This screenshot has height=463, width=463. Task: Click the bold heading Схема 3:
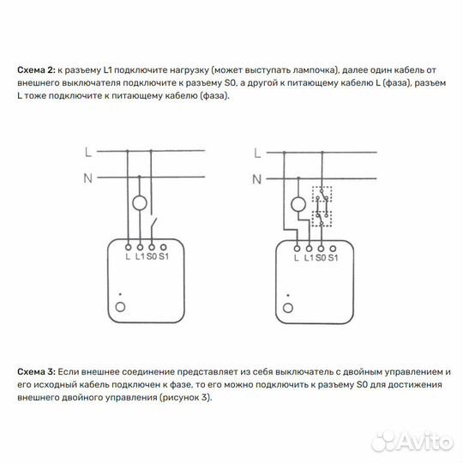tap(35, 372)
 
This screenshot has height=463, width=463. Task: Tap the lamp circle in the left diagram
tap(140, 204)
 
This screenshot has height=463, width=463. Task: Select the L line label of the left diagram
tap(88, 152)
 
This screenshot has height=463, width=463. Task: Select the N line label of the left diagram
tap(88, 177)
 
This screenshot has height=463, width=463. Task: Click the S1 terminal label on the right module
tap(334, 256)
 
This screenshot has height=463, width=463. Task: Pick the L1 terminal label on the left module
tap(140, 256)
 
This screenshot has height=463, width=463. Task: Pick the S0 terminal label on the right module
tap(320, 256)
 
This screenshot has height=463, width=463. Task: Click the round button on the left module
tap(121, 306)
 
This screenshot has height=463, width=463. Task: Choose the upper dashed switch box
tap(322, 195)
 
